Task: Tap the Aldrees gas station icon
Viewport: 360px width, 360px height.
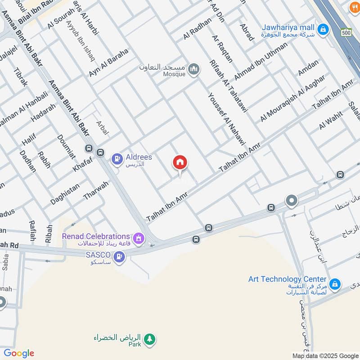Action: point(117,158)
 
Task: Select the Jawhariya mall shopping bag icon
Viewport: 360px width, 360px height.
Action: point(322,30)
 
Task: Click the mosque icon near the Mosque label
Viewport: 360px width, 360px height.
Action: point(194,69)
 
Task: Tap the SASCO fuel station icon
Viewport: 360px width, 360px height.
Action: point(119,256)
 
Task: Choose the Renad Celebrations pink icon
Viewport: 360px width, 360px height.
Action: point(139,237)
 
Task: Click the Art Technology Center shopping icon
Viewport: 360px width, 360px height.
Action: point(334,284)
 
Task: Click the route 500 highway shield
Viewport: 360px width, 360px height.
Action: point(346,33)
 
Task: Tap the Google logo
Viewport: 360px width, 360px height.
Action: point(19,353)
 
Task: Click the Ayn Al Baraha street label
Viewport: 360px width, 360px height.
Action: point(108,63)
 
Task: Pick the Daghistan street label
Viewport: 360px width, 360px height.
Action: point(65,194)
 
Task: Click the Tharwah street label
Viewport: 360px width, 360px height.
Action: point(96,191)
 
